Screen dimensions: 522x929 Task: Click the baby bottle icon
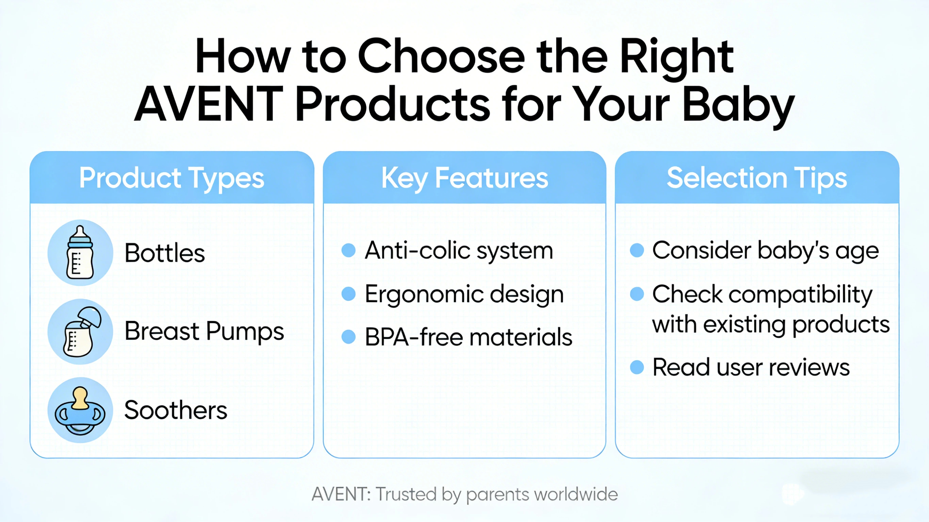80,253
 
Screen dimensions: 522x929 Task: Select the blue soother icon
80,410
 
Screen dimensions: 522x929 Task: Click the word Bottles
164,253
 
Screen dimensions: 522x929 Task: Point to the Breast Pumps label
204,331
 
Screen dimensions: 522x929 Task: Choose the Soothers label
176,410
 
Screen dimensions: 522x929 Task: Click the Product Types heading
172,178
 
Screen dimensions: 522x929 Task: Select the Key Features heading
464,178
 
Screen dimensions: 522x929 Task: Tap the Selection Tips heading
756,178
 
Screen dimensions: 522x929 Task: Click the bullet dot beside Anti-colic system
348,251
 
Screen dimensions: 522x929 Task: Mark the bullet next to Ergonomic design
348,294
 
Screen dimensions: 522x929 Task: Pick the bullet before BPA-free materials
348,337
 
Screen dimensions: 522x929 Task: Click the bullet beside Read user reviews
637,367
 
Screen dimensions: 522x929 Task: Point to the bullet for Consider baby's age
637,251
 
